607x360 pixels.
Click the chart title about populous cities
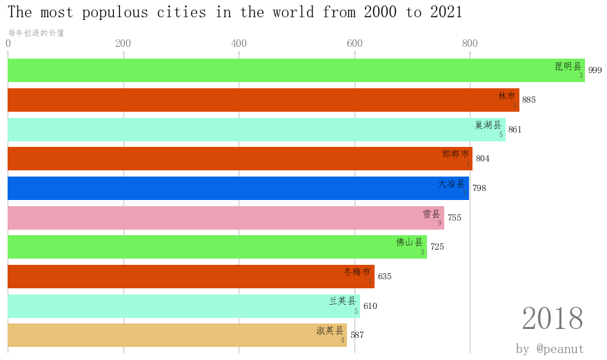point(235,12)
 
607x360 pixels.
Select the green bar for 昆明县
point(296,70)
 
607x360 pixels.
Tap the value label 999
point(595,70)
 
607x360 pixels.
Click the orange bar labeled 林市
point(263,100)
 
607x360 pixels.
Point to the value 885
point(529,100)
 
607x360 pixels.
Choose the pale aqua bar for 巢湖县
point(256,130)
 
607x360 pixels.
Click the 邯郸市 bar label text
point(455,154)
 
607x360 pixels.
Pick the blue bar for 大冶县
point(238,188)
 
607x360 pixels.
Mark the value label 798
point(479,188)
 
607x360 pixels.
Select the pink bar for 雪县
point(226,218)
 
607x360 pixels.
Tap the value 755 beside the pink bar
point(455,218)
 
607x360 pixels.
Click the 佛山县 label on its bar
point(409,242)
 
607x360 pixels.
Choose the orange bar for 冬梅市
point(190,277)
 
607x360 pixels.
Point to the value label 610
point(370,306)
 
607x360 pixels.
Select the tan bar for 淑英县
point(177,335)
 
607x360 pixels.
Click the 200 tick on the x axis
point(123,43)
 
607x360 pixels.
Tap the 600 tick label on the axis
point(355,43)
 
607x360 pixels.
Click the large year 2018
point(553,319)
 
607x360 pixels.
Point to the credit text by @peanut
point(550,349)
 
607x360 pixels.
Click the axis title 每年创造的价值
point(36,32)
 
